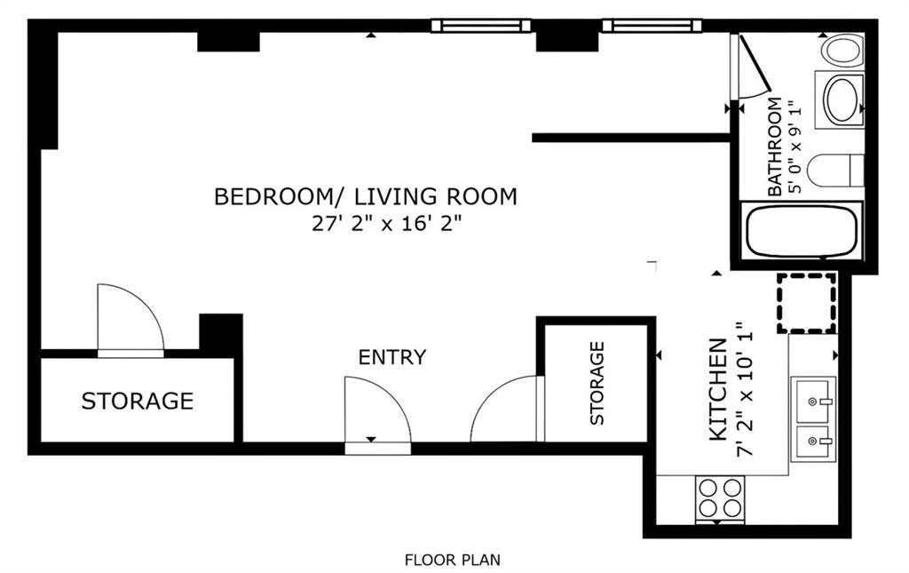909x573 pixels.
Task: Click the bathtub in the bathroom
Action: point(802,231)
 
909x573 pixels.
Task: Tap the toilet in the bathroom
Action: point(834,171)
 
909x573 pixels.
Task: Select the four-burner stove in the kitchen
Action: point(720,498)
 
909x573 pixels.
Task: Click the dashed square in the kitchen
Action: point(807,303)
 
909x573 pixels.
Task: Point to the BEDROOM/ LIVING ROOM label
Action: point(365,196)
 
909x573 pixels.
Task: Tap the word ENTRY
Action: point(391,356)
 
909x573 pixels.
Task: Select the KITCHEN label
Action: point(717,389)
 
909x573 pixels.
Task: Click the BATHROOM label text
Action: point(774,147)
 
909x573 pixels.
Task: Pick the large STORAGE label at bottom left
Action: point(138,401)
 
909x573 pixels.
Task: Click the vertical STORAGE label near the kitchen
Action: point(597,383)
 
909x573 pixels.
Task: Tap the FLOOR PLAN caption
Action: point(452,561)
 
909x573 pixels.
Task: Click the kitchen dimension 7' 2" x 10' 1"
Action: point(745,389)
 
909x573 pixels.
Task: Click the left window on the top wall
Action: point(480,26)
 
